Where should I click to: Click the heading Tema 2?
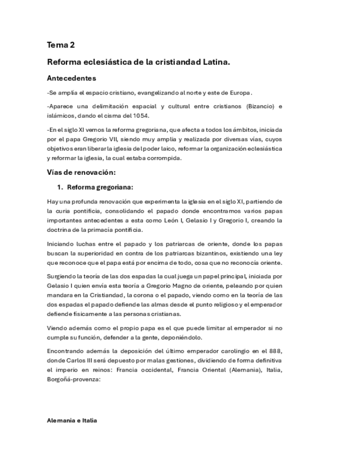click(x=61, y=45)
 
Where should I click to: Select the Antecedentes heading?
click(x=71, y=78)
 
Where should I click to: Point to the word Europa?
click(x=240, y=92)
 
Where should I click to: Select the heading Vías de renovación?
click(x=81, y=172)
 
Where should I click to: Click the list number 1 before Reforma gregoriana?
click(x=60, y=186)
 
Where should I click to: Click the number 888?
click(x=275, y=351)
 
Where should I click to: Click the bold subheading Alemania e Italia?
click(x=72, y=420)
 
